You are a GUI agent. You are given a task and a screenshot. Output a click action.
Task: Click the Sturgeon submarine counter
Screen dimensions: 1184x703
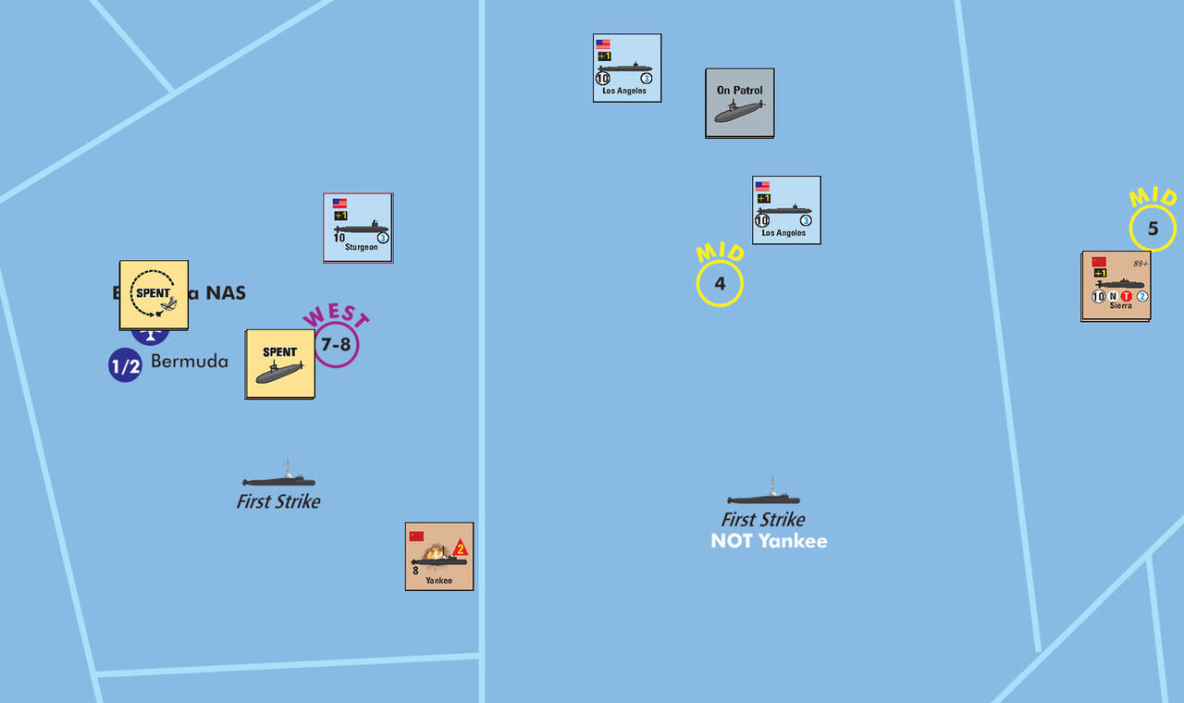tap(358, 228)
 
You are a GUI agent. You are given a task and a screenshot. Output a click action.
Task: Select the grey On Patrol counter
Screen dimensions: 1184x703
tap(739, 103)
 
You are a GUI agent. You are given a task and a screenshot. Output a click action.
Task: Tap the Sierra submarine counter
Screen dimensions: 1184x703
tap(1116, 286)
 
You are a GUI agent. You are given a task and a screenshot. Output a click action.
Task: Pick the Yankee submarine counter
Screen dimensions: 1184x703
tap(439, 556)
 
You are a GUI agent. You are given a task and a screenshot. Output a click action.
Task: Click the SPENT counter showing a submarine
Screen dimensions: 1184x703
tap(279, 364)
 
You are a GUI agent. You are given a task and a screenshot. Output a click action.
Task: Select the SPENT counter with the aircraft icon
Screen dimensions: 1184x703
tap(154, 294)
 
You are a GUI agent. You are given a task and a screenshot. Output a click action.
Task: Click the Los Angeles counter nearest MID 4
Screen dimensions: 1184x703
tap(786, 210)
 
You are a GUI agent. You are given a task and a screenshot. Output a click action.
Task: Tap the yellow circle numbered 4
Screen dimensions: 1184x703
tap(720, 284)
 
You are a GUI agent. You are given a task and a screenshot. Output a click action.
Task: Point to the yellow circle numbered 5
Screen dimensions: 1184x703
tap(1153, 228)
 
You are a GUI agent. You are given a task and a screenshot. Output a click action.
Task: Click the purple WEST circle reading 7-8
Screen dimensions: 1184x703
tap(335, 344)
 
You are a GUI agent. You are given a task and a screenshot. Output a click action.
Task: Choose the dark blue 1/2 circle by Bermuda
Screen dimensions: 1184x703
tap(125, 365)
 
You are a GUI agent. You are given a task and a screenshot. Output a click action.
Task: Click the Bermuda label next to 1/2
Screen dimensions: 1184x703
tap(189, 361)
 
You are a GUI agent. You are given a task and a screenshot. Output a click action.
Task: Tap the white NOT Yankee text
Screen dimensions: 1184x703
tap(769, 541)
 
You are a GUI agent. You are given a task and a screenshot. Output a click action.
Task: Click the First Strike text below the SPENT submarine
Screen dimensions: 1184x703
tap(278, 501)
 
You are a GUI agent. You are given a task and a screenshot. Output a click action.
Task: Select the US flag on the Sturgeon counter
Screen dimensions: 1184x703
tap(339, 203)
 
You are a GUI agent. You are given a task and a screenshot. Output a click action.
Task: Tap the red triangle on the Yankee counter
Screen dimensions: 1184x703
tap(460, 549)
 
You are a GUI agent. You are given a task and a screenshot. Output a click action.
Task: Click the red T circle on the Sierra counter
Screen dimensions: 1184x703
tap(1126, 296)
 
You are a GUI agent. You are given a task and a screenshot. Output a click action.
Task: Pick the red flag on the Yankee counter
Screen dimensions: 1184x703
tap(416, 536)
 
